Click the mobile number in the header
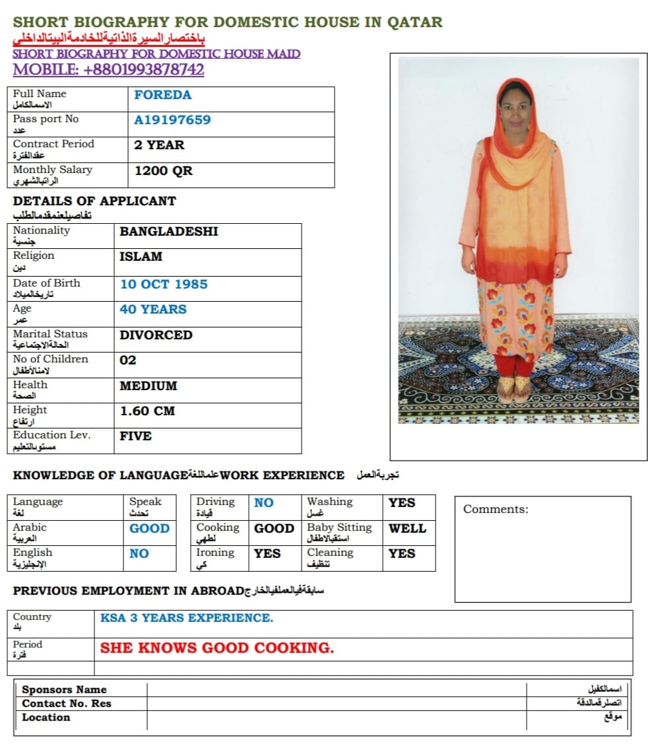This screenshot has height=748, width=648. click(x=108, y=70)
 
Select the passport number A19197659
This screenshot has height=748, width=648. click(x=172, y=119)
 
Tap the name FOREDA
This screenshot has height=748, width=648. click(x=162, y=94)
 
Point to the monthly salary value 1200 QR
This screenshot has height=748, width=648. click(x=163, y=170)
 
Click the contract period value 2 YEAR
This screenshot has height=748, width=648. click(x=159, y=145)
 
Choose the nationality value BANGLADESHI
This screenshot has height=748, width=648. click(x=168, y=231)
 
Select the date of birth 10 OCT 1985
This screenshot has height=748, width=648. click(x=163, y=284)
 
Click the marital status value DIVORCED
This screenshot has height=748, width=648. click(x=156, y=335)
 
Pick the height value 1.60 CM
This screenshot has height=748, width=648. click(x=147, y=411)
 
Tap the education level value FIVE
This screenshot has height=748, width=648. click(x=135, y=436)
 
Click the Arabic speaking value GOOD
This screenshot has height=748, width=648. click(x=149, y=528)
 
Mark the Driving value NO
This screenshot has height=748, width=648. click(x=263, y=502)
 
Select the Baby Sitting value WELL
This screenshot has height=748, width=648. click(x=407, y=528)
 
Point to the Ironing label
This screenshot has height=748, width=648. click(x=215, y=553)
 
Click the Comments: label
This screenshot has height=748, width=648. click(x=496, y=509)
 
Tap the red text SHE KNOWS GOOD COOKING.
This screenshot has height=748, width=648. click(x=217, y=648)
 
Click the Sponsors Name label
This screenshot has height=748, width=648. click(x=64, y=690)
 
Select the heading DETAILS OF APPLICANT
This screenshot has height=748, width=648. click(x=94, y=201)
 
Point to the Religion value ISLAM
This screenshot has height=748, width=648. click(x=141, y=256)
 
